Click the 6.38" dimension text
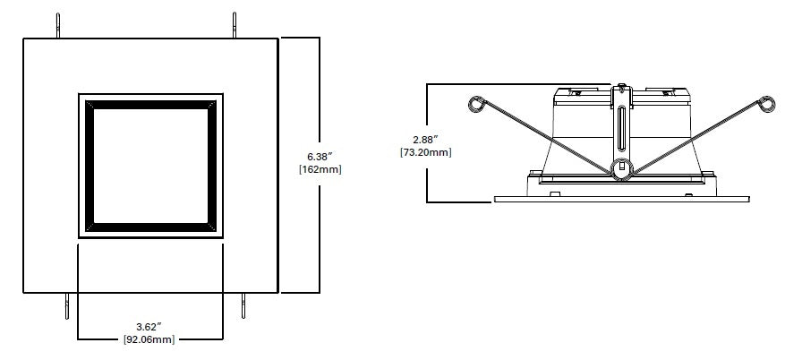point(320,153)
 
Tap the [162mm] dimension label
point(320,168)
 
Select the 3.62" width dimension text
point(149,326)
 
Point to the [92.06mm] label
point(149,340)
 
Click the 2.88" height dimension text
point(425,138)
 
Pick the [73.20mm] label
point(425,152)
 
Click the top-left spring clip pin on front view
point(59,26)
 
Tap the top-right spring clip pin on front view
point(235,26)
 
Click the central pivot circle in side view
point(619,167)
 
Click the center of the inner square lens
point(150,165)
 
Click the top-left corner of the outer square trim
point(24,39)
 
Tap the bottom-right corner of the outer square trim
point(277,292)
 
